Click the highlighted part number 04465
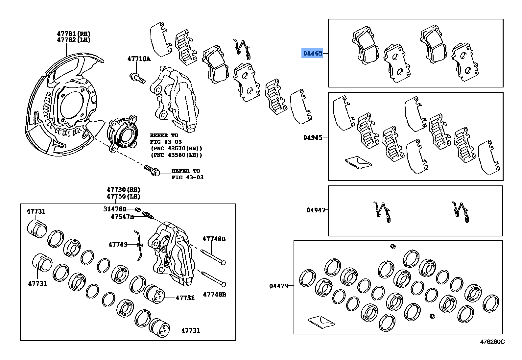313,53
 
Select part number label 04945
313,137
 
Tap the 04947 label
316,210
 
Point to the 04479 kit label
279,286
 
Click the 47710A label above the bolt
139,59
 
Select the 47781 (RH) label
73,34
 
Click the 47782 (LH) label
73,40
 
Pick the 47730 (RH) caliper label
123,190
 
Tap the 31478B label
115,209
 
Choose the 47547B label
122,217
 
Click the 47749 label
118,244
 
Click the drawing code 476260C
492,342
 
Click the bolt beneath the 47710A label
138,78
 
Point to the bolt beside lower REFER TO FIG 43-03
152,170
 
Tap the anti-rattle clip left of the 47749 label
139,245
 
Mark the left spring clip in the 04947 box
382,212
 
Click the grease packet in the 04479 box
321,322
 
